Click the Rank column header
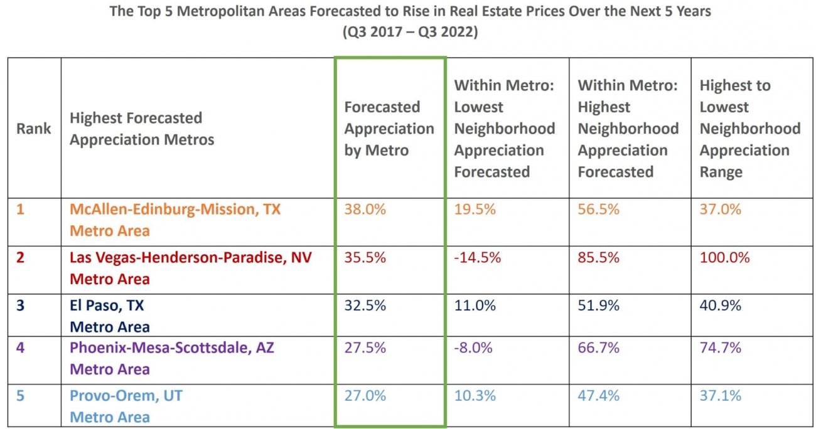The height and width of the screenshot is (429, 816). tap(33, 129)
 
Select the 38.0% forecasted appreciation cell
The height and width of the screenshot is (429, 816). tap(365, 209)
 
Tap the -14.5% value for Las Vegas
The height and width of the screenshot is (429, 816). tap(477, 258)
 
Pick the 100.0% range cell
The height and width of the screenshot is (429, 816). tap(724, 258)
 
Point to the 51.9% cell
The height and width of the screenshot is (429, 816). tap(599, 305)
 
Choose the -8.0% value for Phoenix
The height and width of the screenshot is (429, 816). tap(473, 348)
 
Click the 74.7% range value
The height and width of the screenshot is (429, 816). tap(720, 348)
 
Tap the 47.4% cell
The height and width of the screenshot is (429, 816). tap(599, 396)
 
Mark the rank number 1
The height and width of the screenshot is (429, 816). tap(20, 209)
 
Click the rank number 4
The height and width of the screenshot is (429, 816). tap(20, 348)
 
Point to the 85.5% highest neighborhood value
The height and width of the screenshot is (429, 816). tap(599, 258)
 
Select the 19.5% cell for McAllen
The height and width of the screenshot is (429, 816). tap(475, 209)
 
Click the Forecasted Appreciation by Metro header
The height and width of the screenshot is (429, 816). tap(389, 129)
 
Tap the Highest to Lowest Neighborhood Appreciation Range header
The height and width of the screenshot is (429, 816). tap(750, 129)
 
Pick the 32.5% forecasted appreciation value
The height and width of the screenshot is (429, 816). tap(365, 305)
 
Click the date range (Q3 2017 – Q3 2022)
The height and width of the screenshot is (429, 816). tap(410, 31)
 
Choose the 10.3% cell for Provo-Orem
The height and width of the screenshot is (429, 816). tap(475, 396)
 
